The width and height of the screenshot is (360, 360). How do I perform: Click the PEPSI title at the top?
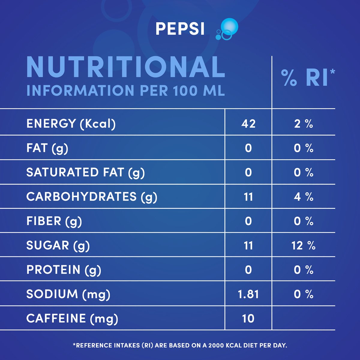click(180, 29)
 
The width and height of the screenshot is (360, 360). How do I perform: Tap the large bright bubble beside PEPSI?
click(229, 26)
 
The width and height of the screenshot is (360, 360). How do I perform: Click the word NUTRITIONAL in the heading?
click(126, 67)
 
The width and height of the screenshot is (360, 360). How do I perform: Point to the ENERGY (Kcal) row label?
click(71, 124)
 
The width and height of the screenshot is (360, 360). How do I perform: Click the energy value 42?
click(248, 124)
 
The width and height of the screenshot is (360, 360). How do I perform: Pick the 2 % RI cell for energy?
click(304, 124)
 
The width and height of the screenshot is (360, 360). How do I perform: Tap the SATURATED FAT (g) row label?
click(85, 172)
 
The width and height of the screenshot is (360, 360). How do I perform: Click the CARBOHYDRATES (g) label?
click(91, 197)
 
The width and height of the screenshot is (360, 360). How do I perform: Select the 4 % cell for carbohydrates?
click(304, 197)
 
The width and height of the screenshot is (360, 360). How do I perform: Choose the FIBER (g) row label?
click(54, 221)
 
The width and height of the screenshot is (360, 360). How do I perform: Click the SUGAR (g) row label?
click(58, 245)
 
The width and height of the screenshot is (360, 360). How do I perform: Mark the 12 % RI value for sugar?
click(304, 245)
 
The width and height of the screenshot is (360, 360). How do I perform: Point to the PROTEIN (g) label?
click(64, 270)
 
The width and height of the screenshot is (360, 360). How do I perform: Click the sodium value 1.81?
click(248, 294)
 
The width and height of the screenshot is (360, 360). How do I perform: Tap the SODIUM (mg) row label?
click(68, 294)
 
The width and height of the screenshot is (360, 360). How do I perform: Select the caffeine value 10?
click(248, 318)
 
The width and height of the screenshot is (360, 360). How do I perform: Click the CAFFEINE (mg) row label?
click(72, 318)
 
